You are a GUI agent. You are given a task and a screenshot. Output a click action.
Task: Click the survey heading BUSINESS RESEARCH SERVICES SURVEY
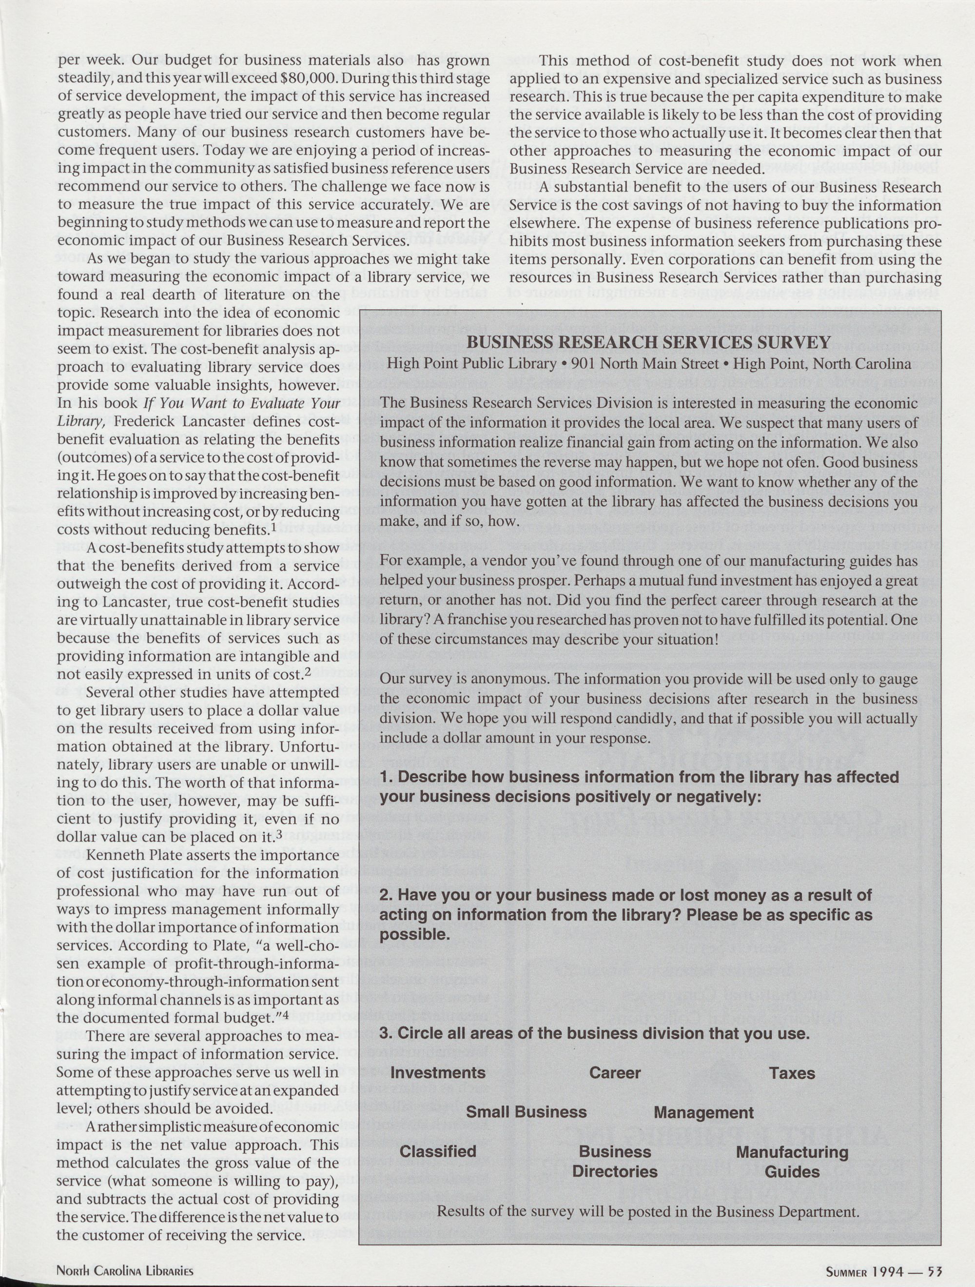point(649,342)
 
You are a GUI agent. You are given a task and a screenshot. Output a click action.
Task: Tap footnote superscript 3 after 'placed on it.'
point(279,834)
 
